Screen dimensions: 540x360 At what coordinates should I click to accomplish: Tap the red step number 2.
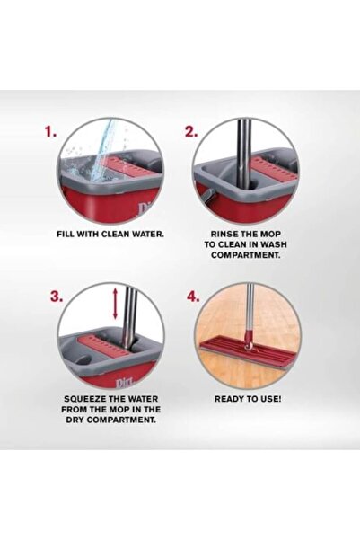(x=191, y=131)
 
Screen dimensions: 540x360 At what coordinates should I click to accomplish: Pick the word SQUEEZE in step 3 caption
(x=89, y=397)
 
